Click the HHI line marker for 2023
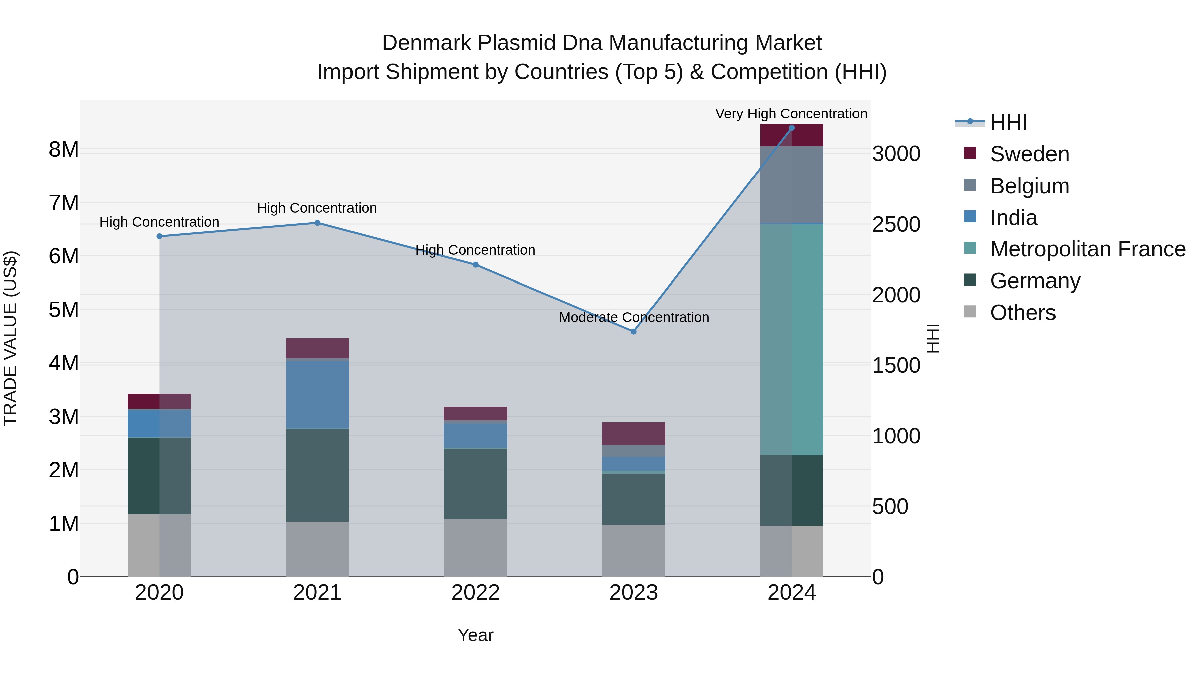pos(633,332)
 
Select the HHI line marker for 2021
pos(317,223)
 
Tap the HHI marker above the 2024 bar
pos(791,128)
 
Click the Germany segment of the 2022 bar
pos(475,483)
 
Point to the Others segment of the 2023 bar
pos(633,550)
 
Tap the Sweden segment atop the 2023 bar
pos(633,434)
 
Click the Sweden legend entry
pos(1029,154)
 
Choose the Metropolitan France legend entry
pos(1087,249)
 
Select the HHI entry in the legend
pos(1008,122)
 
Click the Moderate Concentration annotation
pos(633,317)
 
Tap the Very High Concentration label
pos(791,114)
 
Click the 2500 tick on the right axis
pos(896,225)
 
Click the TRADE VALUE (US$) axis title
pos(10,338)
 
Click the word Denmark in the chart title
pos(426,43)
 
